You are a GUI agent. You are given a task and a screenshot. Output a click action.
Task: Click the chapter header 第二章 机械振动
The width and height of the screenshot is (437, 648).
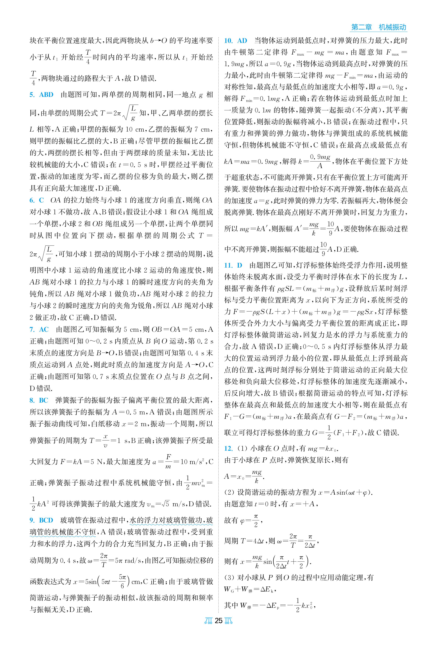[378, 27]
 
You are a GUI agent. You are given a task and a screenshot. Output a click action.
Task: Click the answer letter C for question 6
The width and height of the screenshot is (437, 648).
[41, 200]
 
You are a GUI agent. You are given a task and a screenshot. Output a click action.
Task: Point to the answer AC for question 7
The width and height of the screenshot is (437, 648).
[44, 329]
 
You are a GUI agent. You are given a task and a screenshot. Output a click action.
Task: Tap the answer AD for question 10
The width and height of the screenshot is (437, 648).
[242, 41]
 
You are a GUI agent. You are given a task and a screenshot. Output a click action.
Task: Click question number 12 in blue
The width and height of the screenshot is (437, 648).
[228, 448]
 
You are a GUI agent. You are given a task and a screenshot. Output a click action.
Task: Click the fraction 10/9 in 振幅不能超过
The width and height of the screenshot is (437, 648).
[323, 249]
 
